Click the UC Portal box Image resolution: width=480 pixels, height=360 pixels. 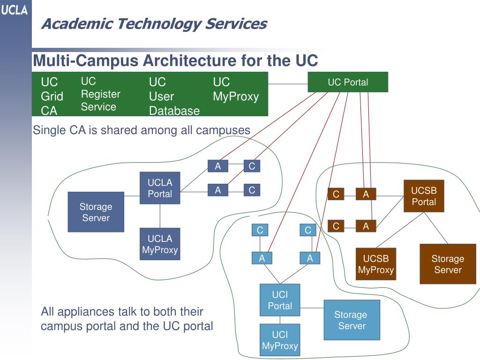[x=348, y=82]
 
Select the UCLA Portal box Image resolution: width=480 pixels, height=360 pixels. [x=160, y=188]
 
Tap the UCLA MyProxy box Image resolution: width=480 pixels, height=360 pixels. [x=160, y=244]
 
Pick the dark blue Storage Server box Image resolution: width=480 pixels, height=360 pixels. [x=96, y=212]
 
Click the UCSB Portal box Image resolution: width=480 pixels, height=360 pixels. [x=424, y=196]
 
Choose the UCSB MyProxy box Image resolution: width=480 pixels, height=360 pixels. [x=376, y=264]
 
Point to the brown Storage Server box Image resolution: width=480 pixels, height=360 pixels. [x=448, y=264]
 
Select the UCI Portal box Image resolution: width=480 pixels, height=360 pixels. [x=280, y=300]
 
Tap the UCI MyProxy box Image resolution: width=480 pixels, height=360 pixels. [x=280, y=340]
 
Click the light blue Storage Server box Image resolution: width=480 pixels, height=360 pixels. [x=352, y=320]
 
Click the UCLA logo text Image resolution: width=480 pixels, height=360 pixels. [x=14, y=10]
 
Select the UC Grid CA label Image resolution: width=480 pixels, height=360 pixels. [x=52, y=96]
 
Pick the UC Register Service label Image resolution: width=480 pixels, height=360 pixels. [x=100, y=94]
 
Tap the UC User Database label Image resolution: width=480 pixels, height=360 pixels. [x=174, y=96]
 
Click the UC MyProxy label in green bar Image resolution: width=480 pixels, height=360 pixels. [x=236, y=89]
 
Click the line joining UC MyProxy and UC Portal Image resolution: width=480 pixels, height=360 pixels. [x=288, y=84]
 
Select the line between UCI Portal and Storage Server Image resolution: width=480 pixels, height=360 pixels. [x=312, y=308]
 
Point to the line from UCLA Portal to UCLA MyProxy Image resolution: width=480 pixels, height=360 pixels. [x=160, y=216]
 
